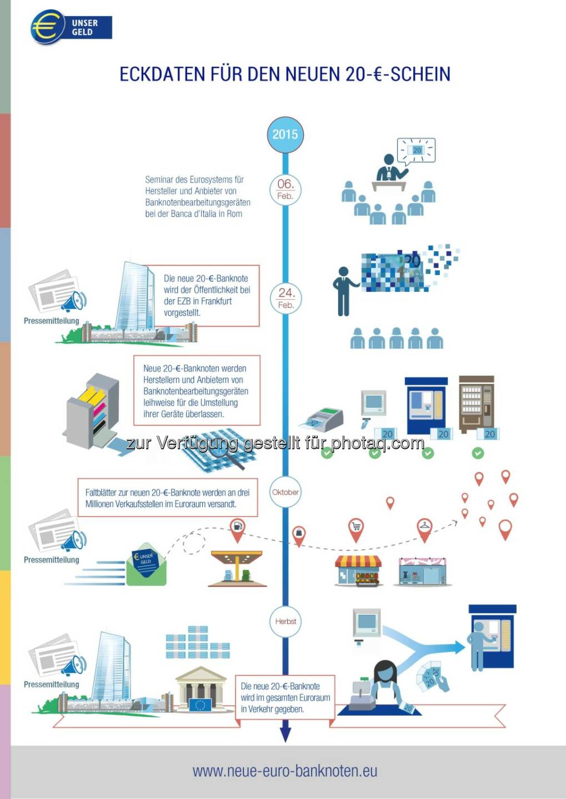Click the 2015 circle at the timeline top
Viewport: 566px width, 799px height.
pyautogui.click(x=285, y=134)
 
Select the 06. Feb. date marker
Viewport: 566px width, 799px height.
pyautogui.click(x=285, y=189)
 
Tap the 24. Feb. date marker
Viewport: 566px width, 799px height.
pyautogui.click(x=285, y=298)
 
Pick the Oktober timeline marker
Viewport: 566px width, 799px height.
pyautogui.click(x=285, y=492)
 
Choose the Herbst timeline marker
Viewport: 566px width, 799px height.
pyautogui.click(x=285, y=621)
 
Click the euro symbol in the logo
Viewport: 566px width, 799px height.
pyautogui.click(x=47, y=27)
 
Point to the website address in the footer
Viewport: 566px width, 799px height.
pyautogui.click(x=285, y=771)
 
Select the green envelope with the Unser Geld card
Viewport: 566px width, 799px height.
pyautogui.click(x=146, y=564)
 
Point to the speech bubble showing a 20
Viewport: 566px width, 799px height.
pyautogui.click(x=417, y=150)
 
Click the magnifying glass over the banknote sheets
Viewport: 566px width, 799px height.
pyautogui.click(x=225, y=449)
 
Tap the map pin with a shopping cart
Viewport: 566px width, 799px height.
pyautogui.click(x=355, y=529)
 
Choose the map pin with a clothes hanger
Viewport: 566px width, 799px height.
pyautogui.click(x=425, y=529)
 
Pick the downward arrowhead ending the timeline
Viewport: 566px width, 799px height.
pyautogui.click(x=285, y=734)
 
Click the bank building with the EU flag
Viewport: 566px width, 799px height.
pyautogui.click(x=201, y=691)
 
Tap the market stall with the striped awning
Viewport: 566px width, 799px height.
pyautogui.click(x=358, y=570)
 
